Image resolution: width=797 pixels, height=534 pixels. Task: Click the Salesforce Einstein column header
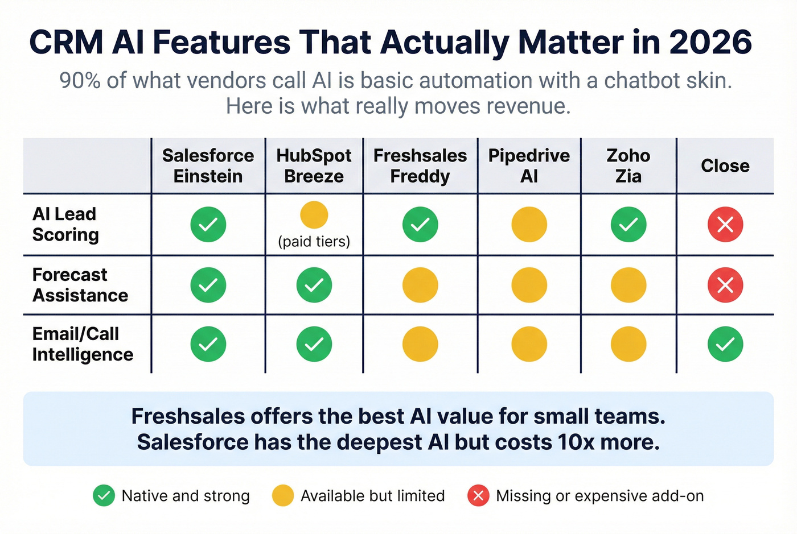click(x=208, y=165)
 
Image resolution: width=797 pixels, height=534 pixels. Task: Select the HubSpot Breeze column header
click(x=314, y=165)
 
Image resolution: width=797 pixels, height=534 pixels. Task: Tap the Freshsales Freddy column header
click(x=420, y=165)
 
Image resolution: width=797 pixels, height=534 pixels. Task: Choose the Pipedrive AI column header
click(x=529, y=165)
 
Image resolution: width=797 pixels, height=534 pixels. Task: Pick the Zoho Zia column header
click(x=628, y=165)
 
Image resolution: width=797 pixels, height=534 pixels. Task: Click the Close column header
click(x=725, y=165)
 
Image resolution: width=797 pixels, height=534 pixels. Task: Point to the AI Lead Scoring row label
click(x=65, y=224)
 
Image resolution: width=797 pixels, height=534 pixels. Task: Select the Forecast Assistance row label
click(x=80, y=285)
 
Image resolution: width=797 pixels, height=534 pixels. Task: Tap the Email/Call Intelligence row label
click(x=83, y=344)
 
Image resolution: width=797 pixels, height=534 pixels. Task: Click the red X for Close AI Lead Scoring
click(x=725, y=225)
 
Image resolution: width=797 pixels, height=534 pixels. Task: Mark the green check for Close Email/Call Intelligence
click(x=725, y=344)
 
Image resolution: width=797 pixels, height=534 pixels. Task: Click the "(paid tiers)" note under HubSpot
click(x=314, y=242)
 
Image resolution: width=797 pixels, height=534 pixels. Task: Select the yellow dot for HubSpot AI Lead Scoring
click(x=314, y=215)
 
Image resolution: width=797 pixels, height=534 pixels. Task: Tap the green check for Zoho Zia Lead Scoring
click(x=628, y=225)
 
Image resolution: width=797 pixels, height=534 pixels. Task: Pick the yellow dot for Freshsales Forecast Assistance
click(x=420, y=285)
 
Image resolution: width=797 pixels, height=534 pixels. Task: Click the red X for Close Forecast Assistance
click(x=725, y=285)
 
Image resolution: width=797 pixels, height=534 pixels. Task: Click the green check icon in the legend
click(x=104, y=496)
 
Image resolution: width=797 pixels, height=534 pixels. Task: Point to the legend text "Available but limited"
click(x=372, y=496)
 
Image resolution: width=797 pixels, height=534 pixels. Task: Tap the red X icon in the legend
click(x=478, y=496)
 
